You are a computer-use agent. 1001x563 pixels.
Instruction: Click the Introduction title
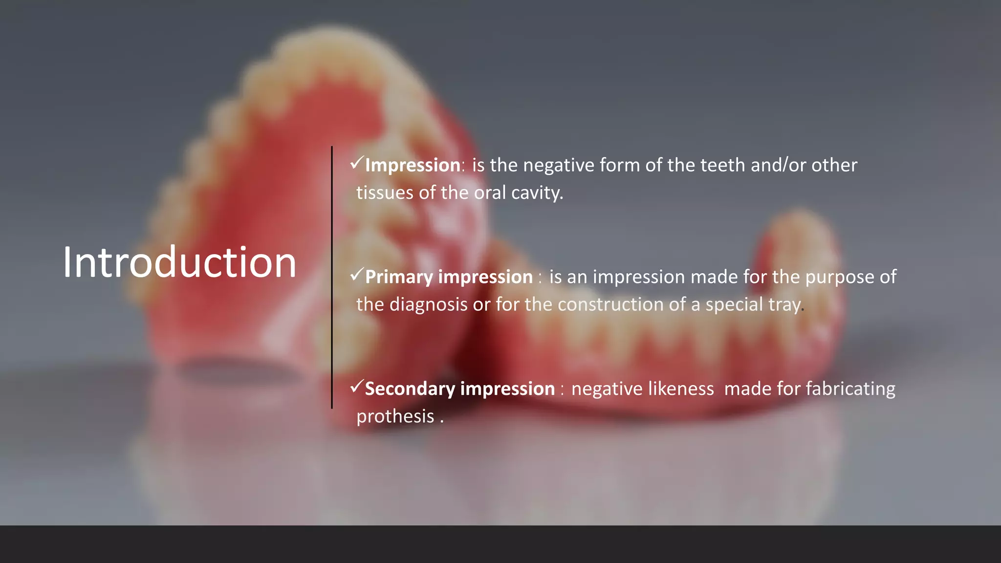coord(179,263)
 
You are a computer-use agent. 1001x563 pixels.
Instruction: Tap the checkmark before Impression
coord(357,163)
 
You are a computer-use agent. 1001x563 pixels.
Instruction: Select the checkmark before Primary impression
coord(357,275)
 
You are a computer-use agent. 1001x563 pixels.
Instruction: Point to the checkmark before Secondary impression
coord(357,387)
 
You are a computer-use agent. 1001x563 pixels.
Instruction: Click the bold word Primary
coord(399,278)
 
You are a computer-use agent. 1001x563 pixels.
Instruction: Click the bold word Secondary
coord(410,389)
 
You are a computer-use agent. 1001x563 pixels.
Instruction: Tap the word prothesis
coord(395,417)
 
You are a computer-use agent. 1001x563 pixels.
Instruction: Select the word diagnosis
coord(429,305)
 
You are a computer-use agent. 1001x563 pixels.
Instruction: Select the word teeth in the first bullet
coord(722,165)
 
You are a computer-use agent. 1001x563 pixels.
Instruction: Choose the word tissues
coord(385,193)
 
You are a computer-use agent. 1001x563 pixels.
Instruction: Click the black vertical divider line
coord(332,277)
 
